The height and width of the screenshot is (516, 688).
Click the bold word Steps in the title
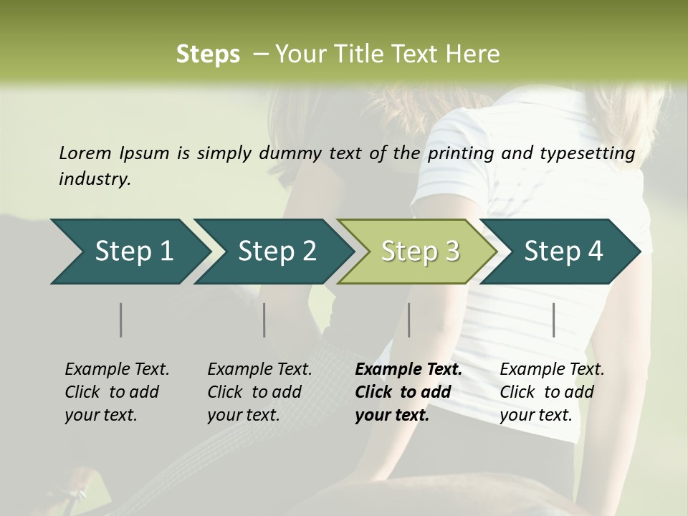coord(208,54)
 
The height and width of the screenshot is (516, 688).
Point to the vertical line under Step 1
coord(121,320)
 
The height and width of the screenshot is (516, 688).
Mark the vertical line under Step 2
coord(264,320)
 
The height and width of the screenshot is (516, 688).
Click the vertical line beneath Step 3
coord(408,320)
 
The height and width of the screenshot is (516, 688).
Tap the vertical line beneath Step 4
coord(554,320)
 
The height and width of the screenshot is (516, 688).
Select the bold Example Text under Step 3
coord(408,392)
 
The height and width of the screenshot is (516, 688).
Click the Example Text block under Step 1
coord(117,392)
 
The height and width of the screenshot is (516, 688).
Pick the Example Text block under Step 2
coord(259,392)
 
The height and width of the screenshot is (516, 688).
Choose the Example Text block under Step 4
coord(552,392)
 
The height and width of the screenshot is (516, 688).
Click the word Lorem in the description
coord(85,153)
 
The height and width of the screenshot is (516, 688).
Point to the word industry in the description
coord(94,179)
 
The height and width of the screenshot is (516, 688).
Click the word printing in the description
coord(459,153)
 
